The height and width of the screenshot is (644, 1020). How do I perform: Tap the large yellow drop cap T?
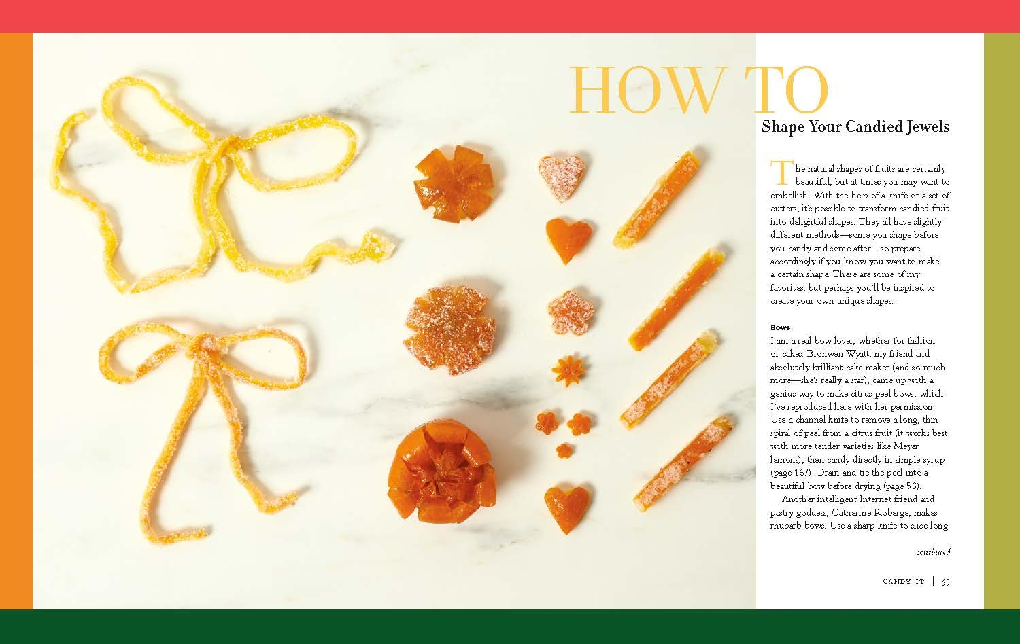coord(781,173)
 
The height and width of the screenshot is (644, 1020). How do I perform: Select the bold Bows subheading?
coord(780,327)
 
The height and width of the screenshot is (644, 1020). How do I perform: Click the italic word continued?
coord(932,552)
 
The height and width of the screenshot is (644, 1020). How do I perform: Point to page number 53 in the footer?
coord(945,582)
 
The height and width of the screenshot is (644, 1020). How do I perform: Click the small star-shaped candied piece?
coord(564,370)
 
